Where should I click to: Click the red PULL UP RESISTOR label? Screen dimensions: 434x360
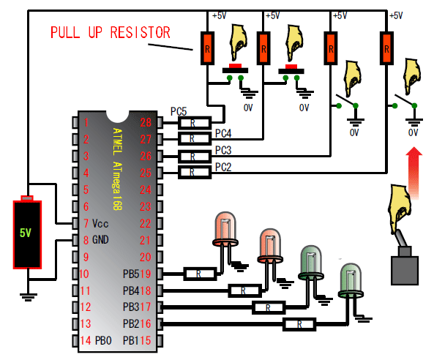click(x=111, y=32)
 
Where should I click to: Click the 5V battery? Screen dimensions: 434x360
click(x=27, y=232)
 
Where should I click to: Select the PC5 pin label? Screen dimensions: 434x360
click(x=179, y=111)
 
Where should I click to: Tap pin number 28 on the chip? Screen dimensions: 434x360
click(x=146, y=122)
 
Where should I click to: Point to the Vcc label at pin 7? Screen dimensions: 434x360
click(x=100, y=223)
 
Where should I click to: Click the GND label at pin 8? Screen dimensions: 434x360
click(x=100, y=240)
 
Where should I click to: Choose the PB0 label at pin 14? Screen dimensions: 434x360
click(x=103, y=341)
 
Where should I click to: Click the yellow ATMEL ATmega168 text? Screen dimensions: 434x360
click(x=117, y=169)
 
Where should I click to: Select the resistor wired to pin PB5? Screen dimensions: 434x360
click(x=200, y=274)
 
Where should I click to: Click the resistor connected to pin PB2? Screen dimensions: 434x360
click(x=299, y=324)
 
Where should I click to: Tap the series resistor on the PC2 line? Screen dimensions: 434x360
click(x=195, y=173)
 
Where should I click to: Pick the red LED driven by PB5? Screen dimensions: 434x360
click(x=225, y=229)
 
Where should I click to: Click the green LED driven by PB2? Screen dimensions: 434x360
click(x=351, y=280)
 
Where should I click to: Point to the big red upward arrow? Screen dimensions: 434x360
click(x=414, y=173)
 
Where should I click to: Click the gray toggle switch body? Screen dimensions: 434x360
click(x=405, y=270)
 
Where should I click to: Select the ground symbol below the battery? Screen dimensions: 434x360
click(x=29, y=297)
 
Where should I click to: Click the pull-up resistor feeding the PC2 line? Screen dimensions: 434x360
click(x=386, y=48)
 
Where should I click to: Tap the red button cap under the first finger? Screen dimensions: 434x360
click(x=235, y=66)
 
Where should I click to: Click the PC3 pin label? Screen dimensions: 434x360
click(x=223, y=150)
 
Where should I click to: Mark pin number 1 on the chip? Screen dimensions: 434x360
click(x=86, y=122)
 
